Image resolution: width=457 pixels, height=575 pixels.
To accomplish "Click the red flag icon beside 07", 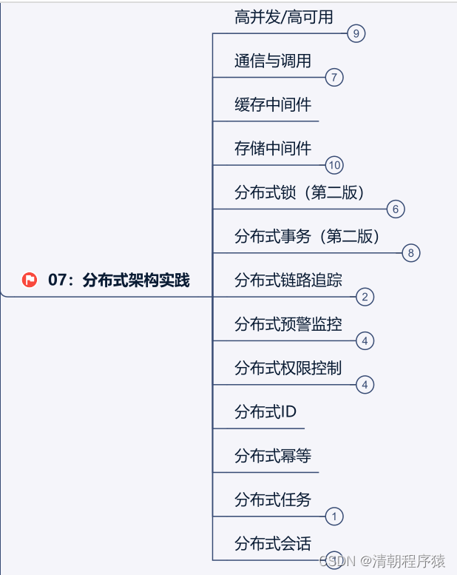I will [30, 280].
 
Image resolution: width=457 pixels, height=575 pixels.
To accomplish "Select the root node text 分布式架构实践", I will [136, 280].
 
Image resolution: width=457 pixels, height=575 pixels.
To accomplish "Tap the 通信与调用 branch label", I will [273, 61].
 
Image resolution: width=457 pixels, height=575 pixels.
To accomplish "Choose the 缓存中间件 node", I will [273, 104].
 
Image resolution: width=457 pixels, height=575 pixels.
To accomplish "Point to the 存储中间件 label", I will [273, 148].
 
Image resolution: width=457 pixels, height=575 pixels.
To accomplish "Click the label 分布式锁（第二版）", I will [299, 192].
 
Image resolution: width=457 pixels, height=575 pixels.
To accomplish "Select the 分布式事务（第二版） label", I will [307, 236].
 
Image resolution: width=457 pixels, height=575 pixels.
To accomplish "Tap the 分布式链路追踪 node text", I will [288, 280].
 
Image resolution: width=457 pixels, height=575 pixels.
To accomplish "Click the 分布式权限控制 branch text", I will [288, 368].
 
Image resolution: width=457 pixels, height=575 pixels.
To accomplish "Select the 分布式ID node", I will [265, 411].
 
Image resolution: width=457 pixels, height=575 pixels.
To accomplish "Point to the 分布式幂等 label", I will [273, 456].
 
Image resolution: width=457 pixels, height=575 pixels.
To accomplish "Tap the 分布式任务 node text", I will [273, 500].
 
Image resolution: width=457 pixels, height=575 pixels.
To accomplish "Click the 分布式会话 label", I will [273, 543].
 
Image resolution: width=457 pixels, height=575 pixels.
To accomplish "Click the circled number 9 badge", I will [356, 33].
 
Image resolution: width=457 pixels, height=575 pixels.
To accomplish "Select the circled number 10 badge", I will [334, 165].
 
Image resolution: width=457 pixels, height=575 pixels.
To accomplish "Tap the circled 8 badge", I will [411, 253].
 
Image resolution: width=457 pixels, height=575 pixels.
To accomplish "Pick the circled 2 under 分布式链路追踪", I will [365, 297].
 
